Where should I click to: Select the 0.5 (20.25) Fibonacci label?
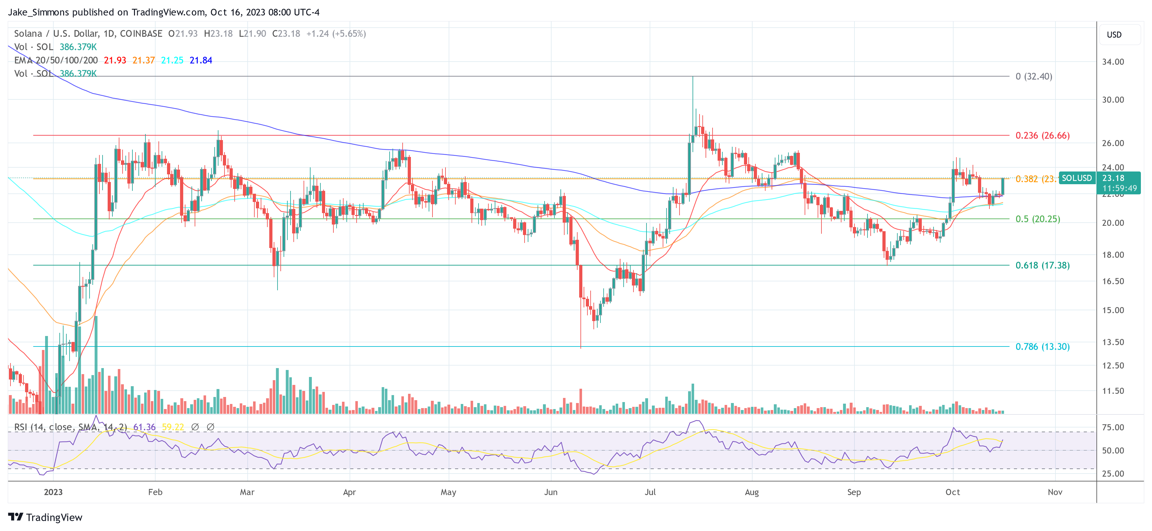tap(1037, 219)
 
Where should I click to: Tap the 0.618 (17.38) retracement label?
tap(1042, 265)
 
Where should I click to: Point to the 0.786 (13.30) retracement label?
tap(1042, 347)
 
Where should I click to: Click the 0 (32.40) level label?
tap(1034, 77)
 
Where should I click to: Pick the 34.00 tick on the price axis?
tap(1113, 62)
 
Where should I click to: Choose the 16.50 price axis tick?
tap(1113, 281)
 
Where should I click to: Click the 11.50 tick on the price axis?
tap(1113, 391)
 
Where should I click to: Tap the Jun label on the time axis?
tap(551, 492)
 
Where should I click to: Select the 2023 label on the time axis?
tap(53, 492)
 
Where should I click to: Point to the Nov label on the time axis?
tap(1055, 492)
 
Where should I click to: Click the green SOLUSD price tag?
tap(1076, 178)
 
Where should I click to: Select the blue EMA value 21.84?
tap(201, 60)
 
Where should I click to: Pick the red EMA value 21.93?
tap(115, 60)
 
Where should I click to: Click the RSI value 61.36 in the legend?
tap(144, 427)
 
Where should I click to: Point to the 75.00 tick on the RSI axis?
tap(1113, 427)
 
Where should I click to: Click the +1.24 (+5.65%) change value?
tap(336, 34)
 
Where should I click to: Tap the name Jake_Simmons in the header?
tap(38, 12)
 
